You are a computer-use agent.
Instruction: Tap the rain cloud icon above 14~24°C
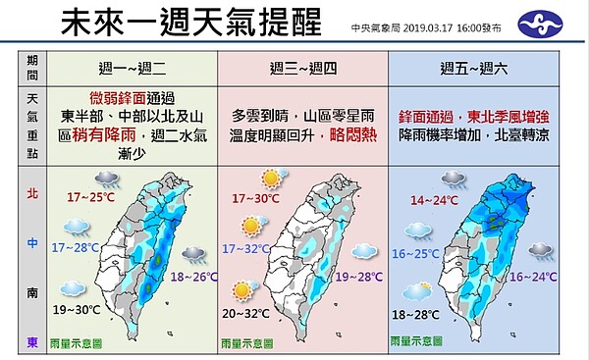[x=454, y=180]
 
